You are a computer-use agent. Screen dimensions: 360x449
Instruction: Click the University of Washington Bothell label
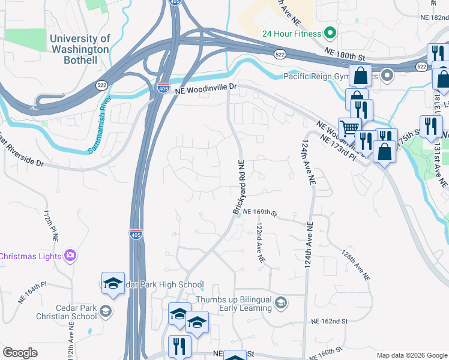click(80, 49)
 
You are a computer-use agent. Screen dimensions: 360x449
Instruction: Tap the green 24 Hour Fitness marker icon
click(330, 32)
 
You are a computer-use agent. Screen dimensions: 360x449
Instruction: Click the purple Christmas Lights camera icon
click(71, 256)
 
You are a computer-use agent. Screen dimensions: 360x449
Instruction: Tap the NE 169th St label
click(259, 212)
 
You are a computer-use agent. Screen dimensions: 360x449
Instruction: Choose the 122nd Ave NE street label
click(260, 243)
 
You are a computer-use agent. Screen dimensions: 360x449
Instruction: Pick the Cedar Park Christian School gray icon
click(106, 310)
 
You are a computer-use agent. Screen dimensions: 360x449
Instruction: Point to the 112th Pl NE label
click(50, 226)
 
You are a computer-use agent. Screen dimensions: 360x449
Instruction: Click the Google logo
click(20, 353)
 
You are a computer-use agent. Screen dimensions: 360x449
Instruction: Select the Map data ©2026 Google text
click(411, 355)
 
